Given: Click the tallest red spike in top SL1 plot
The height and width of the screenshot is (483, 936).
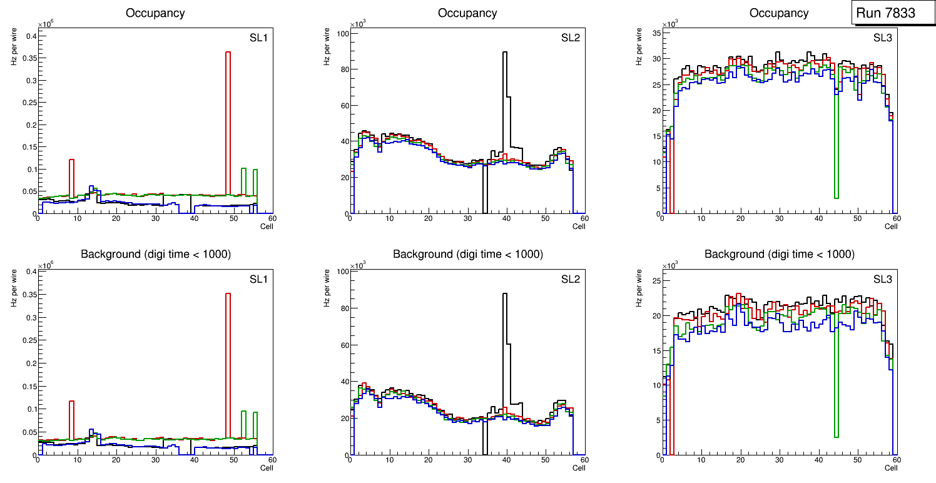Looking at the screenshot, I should tap(228, 125).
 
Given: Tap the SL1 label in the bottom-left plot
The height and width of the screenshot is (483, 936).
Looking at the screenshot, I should tap(258, 278).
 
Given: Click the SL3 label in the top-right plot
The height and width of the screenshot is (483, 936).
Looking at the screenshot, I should tap(883, 38).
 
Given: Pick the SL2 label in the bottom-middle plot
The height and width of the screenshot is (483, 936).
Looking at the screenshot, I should tap(571, 278).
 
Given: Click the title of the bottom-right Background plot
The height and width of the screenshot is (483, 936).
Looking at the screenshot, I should tap(779, 254).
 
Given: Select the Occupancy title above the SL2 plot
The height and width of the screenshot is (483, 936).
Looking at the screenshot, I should tap(467, 13).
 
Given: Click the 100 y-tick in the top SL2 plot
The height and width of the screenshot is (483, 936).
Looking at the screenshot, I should tap(342, 33).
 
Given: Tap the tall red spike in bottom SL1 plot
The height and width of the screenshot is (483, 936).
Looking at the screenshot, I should tap(228, 363).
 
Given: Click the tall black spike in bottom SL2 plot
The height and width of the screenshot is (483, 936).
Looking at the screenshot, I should tap(505, 350).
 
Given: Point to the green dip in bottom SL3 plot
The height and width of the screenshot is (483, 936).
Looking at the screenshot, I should tap(836, 400).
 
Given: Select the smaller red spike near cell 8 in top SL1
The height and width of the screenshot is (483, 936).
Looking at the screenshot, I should tap(72, 181).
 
